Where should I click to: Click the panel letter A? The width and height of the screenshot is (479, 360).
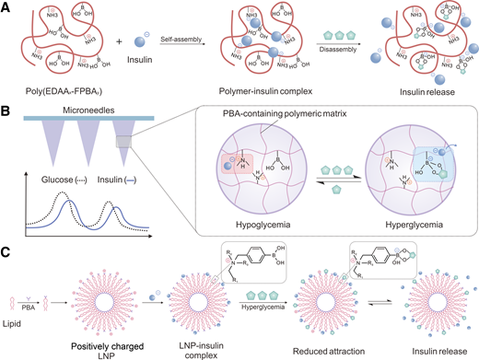coord(8,7)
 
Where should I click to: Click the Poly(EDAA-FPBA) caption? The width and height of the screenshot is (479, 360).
coord(57,96)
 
